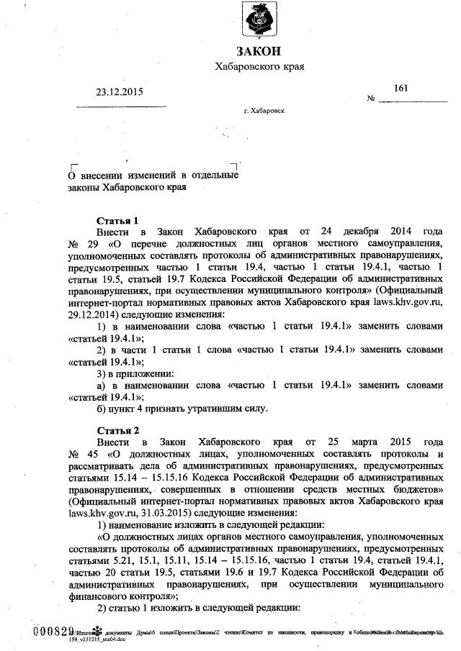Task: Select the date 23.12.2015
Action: [120, 91]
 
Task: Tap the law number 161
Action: [401, 88]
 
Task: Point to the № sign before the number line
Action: [372, 99]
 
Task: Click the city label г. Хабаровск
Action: [264, 111]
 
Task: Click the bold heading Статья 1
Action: [117, 220]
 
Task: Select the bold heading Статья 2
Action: [117, 429]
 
